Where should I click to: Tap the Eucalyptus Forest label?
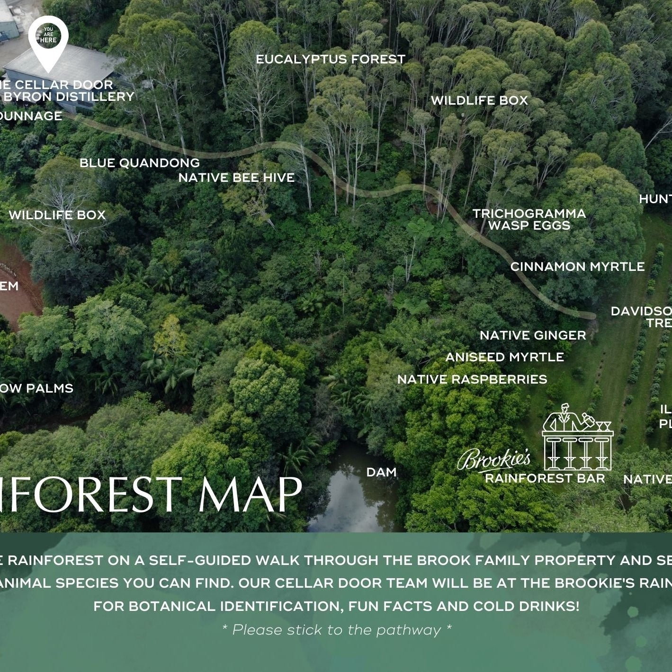point(331,60)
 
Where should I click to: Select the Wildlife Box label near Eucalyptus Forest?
point(479,100)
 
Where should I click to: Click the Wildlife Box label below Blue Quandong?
point(57,215)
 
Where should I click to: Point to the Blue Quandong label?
point(139,163)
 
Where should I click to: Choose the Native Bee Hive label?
point(236,178)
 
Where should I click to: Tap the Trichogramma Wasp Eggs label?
point(529,220)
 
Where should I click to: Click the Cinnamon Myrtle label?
point(577,267)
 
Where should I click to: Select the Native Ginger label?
point(533,336)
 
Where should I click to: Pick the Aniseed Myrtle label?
point(504,358)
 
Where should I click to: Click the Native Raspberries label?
point(472,380)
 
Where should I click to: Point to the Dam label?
point(381,472)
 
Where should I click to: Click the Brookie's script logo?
point(493,459)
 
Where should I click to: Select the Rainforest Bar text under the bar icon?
point(545,478)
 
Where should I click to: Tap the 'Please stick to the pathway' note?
point(336,630)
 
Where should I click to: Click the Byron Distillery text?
point(69,97)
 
